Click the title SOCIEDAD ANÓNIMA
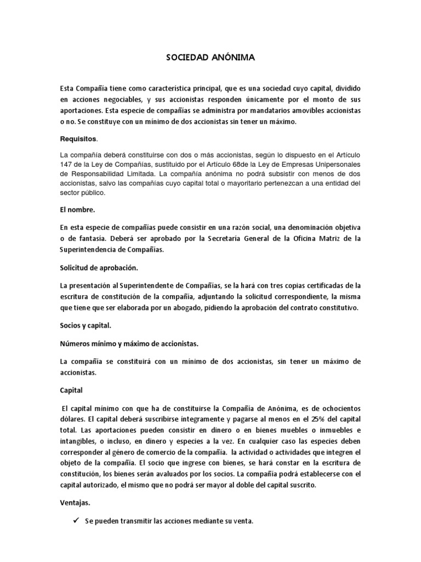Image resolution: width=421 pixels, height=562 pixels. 210,57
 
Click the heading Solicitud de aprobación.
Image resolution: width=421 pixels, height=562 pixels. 99,268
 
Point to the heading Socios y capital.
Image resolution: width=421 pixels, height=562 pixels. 85,325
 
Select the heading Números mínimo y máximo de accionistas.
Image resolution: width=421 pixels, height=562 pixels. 129,344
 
